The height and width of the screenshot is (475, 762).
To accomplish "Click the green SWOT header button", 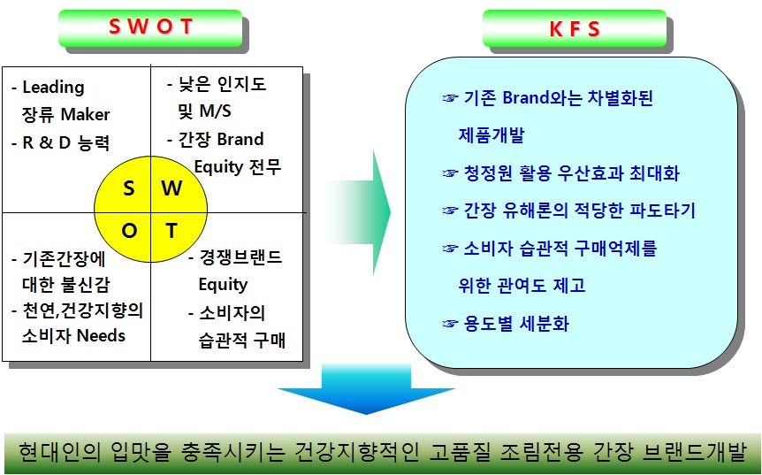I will click(149, 27).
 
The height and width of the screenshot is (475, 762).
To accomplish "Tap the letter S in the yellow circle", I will click(129, 188).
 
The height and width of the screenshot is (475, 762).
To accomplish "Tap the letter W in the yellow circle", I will click(172, 188).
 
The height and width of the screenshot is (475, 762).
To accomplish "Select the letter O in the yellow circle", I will click(129, 232).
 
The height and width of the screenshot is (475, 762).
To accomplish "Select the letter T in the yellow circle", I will click(171, 232).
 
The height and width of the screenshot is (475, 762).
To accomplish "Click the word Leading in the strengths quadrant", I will click(53, 88).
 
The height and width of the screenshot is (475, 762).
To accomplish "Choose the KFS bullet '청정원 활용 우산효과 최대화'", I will click(571, 173).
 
